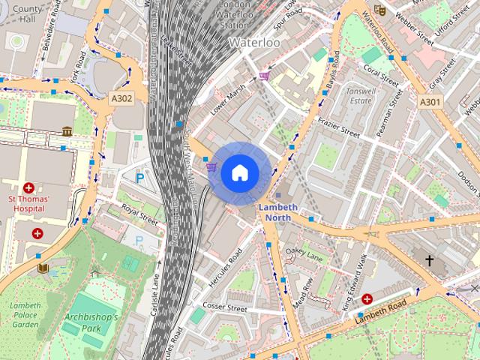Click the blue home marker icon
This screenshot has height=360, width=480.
[x=239, y=173]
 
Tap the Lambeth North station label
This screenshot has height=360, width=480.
[x=277, y=212]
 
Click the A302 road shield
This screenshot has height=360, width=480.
[x=122, y=97]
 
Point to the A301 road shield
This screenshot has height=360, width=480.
[x=430, y=102]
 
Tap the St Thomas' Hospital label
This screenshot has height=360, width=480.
[x=28, y=203]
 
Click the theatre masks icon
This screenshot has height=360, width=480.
[x=379, y=10]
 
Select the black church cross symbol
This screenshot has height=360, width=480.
[x=429, y=261]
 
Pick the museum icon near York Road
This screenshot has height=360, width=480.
[x=67, y=131]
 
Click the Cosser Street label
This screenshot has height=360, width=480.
[x=225, y=308]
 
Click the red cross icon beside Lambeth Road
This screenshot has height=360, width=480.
[x=367, y=299]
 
